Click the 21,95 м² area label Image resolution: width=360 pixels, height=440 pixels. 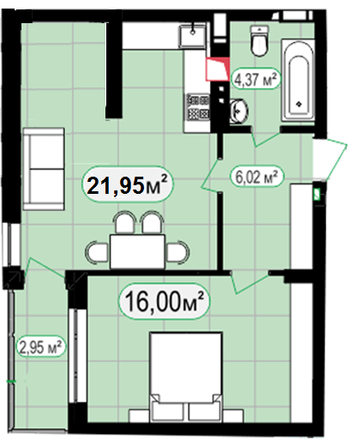tap(128, 184)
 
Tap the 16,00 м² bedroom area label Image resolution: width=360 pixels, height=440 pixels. tap(165, 301)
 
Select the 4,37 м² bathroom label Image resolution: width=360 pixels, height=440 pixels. tap(255, 79)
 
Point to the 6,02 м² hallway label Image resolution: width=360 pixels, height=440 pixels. tap(256, 177)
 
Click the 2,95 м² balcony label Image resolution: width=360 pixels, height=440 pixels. tap(40, 347)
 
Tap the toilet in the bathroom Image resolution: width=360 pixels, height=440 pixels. tap(260, 40)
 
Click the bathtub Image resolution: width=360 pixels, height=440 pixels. tap(298, 81)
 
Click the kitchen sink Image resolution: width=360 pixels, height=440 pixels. tap(193, 36)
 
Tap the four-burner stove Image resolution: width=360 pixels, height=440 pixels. tap(198, 107)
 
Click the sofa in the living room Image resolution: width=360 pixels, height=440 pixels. tap(44, 169)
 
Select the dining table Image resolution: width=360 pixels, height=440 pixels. tap(137, 251)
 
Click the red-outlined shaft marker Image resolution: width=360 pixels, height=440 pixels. tap(218, 69)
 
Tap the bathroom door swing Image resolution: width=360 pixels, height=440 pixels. tap(266, 137)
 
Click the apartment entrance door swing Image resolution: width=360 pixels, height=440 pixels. tap(330, 159)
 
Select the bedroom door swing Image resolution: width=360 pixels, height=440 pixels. tap(250, 283)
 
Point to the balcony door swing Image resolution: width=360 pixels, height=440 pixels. tap(45, 268)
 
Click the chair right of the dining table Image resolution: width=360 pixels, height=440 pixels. tap(178, 251)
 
